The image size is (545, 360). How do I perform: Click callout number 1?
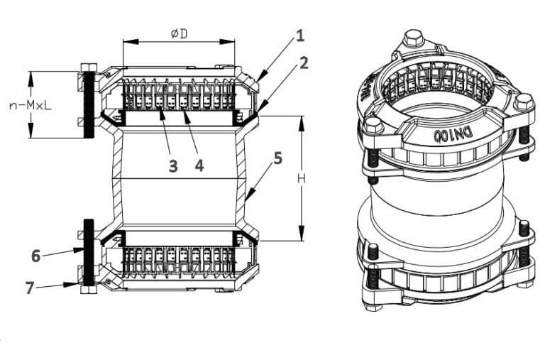[x=300, y=33]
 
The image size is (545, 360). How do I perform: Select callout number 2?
[x=304, y=62]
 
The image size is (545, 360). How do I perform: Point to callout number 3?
[x=172, y=166]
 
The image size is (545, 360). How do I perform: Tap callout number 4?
[x=199, y=166]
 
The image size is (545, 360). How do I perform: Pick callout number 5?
[x=278, y=158]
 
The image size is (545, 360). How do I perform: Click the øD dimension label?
[x=178, y=33]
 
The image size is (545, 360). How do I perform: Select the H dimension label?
[x=302, y=179]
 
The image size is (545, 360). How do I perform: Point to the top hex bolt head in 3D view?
[x=414, y=38]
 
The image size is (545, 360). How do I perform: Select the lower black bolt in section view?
[x=89, y=250]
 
